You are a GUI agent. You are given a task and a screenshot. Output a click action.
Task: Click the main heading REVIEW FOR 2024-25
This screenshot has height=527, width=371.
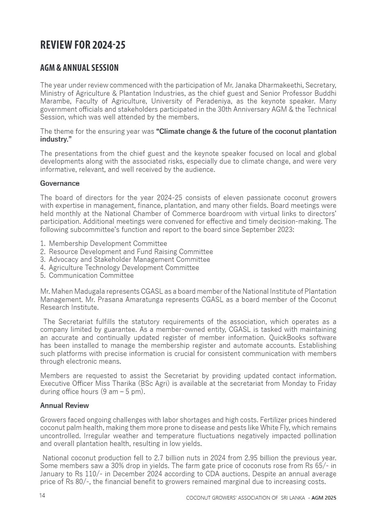tap(83, 45)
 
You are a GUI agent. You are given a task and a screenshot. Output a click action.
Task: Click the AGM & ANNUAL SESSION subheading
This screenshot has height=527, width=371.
tap(79, 68)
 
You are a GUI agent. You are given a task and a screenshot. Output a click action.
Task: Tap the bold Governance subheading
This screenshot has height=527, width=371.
tap(60, 183)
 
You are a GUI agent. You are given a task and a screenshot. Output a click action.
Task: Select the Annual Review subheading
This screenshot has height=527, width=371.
tap(64, 405)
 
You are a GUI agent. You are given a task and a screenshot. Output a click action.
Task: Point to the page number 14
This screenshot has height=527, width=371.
tap(42, 496)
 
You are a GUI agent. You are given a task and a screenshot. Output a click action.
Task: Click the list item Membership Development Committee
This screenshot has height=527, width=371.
tap(108, 244)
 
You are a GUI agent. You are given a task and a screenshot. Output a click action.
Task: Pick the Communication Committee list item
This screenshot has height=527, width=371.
tap(91, 275)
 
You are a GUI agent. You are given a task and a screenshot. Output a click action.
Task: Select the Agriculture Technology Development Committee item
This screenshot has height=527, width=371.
tap(124, 268)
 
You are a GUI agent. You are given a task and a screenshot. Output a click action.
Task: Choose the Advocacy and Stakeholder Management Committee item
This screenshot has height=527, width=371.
tap(129, 259)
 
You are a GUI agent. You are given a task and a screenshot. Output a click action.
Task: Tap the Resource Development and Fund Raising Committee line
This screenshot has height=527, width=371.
tap(131, 252)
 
